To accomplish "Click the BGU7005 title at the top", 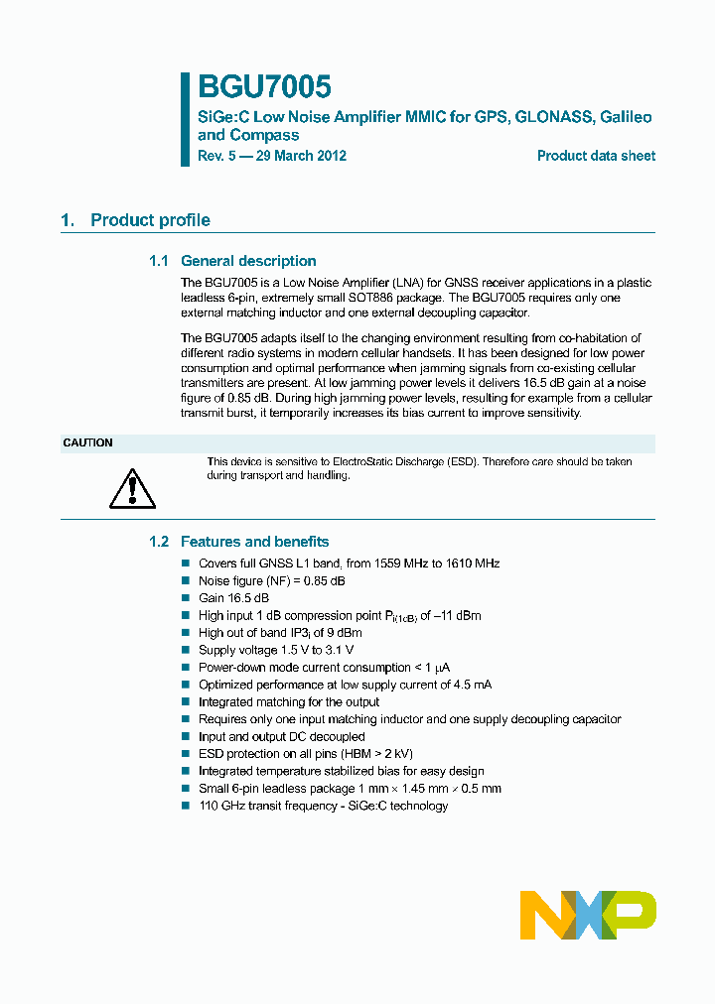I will [x=263, y=87].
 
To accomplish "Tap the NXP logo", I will [x=588, y=914].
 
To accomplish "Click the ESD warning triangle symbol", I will [x=132, y=487].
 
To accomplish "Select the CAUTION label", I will [x=88, y=442].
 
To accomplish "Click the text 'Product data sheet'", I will [x=596, y=156].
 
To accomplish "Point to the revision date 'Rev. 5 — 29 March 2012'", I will [x=271, y=156].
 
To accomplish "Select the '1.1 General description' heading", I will [x=232, y=261].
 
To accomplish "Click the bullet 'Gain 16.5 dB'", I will [x=233, y=598].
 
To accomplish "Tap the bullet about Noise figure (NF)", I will [x=271, y=580].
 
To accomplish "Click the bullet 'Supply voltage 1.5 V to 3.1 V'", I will [x=275, y=650].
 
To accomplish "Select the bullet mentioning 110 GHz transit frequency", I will [x=323, y=806].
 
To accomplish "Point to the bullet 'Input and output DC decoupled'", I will [x=281, y=737].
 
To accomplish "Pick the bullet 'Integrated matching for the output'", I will [x=288, y=702].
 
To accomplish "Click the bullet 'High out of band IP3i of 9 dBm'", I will [x=280, y=633].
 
